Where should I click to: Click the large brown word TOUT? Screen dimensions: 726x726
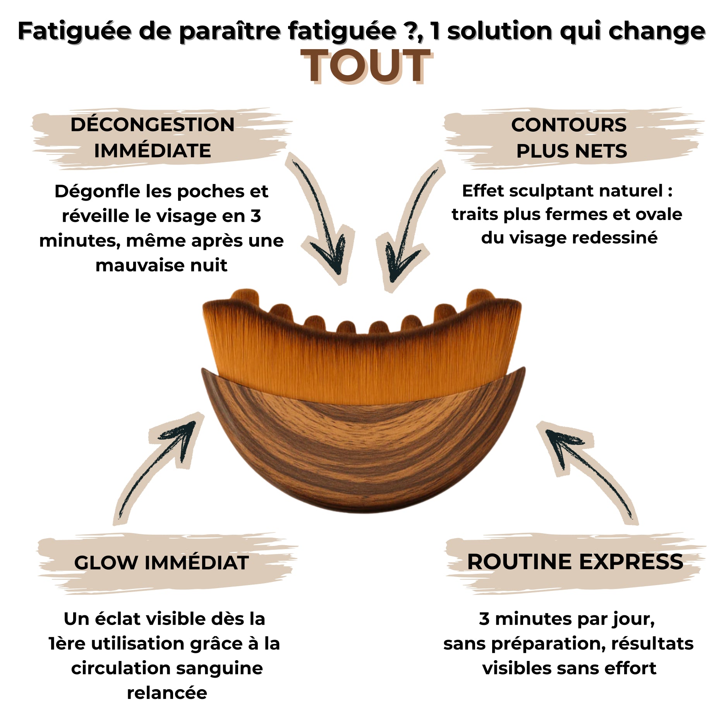point(366,66)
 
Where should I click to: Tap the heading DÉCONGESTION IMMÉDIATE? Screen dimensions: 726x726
point(153,137)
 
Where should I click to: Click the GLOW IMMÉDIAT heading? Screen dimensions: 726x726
point(161,563)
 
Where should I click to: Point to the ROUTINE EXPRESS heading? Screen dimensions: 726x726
point(575,562)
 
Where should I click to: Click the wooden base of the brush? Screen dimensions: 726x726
point(364,453)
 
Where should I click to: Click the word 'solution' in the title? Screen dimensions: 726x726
point(499,31)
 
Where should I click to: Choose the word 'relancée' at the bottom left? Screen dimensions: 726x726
point(167,693)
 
